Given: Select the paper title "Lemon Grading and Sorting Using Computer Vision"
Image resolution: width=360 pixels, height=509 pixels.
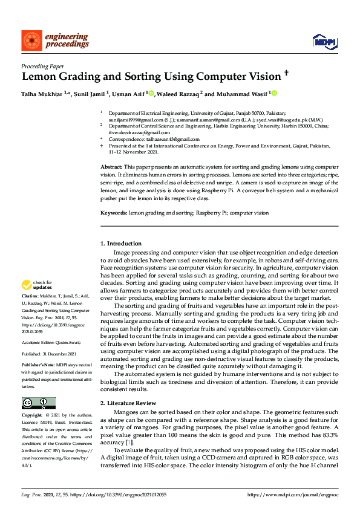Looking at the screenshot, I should coord(151,77).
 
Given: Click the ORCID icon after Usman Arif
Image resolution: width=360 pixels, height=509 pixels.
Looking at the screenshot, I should coord(152,94).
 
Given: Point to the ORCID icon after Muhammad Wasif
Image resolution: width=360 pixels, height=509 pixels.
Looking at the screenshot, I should coord(274,94).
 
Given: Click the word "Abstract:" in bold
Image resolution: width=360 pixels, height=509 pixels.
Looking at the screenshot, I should coord(112,166).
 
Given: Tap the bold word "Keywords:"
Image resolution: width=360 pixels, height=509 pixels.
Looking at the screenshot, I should coord(114,213).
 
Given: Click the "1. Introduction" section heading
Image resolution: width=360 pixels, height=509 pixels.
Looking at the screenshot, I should coord(120,243).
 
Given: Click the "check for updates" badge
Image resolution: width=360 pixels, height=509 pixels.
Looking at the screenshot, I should coord(37,284).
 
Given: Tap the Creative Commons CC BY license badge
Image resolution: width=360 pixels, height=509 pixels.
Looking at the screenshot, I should coord(38,403).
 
